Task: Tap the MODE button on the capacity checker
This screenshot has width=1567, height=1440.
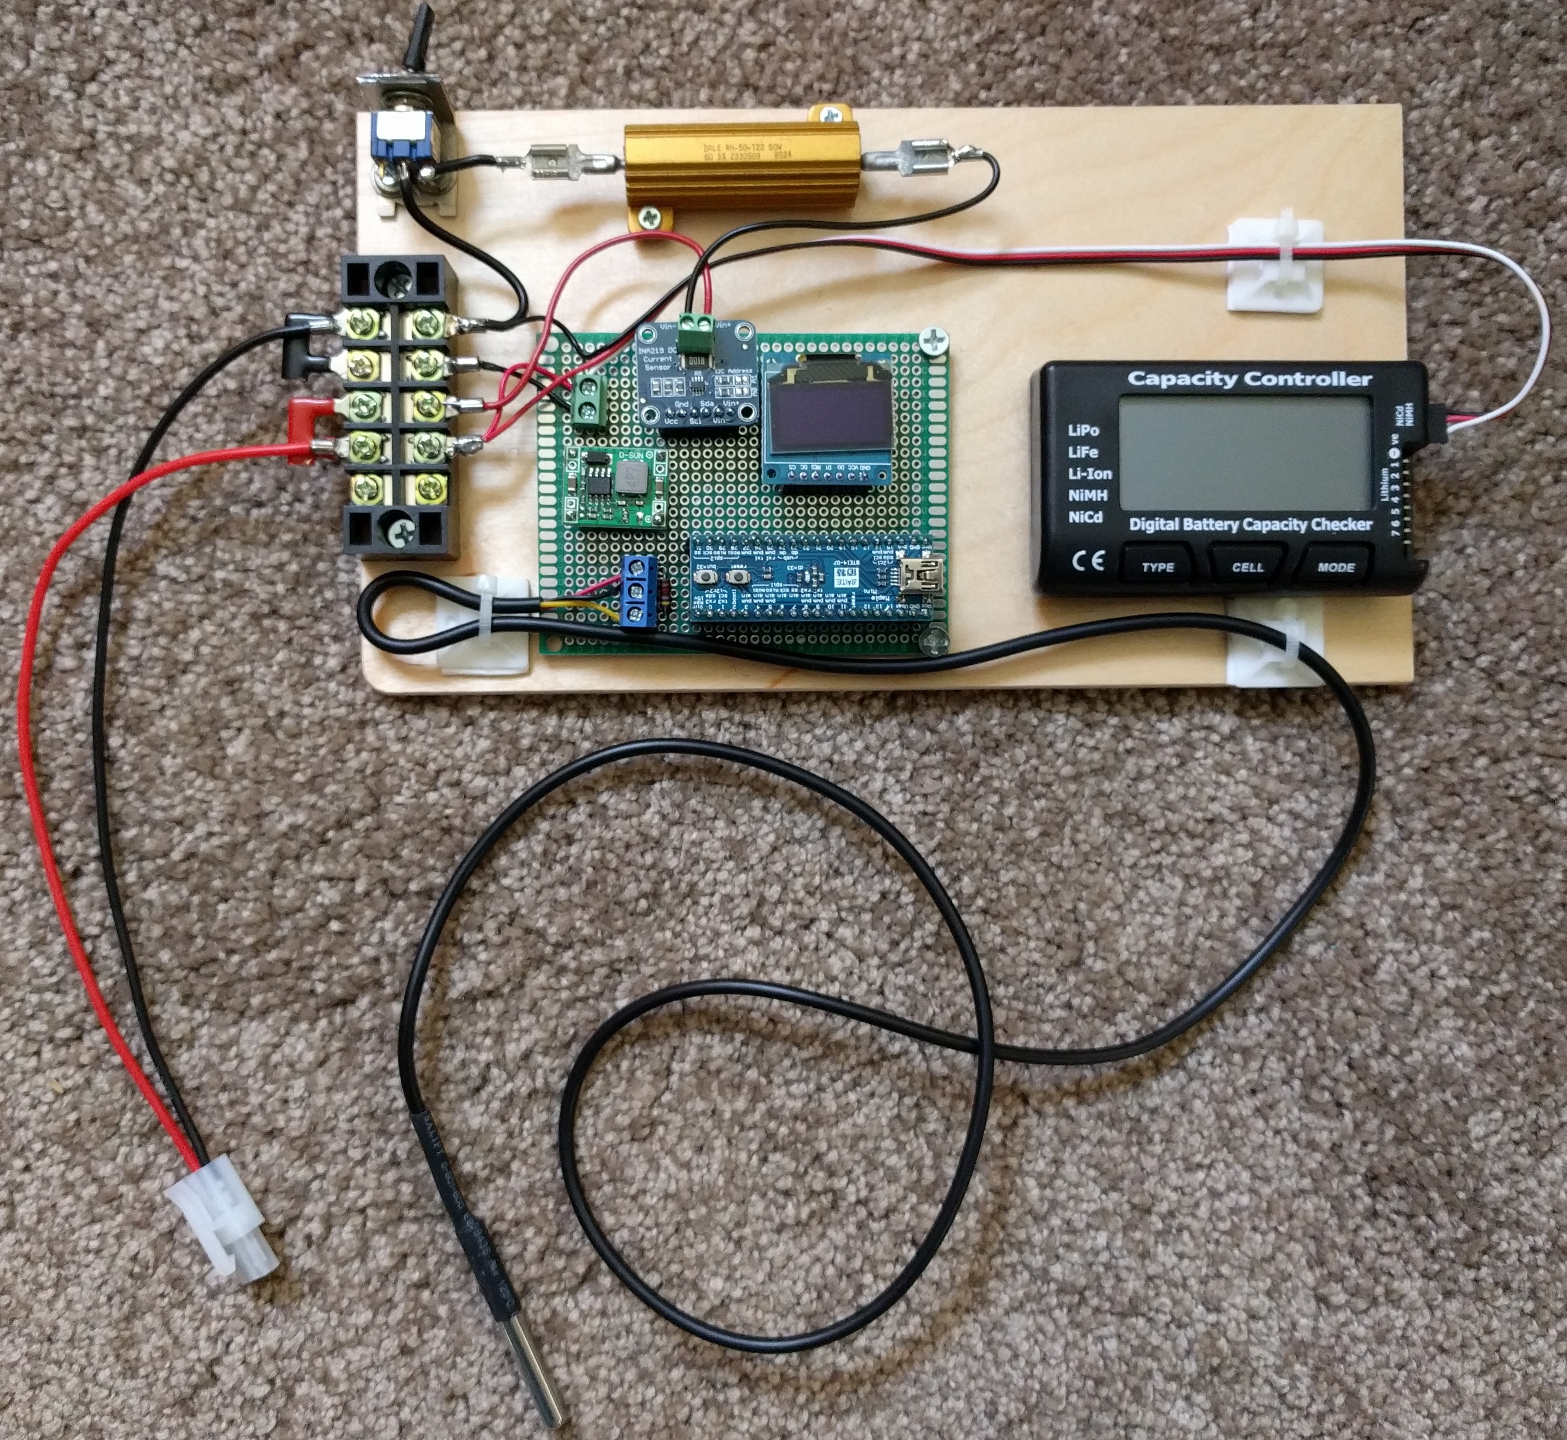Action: click(x=1336, y=567)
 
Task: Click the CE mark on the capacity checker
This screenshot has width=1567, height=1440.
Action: click(x=1088, y=561)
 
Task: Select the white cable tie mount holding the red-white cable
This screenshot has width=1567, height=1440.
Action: click(x=1275, y=267)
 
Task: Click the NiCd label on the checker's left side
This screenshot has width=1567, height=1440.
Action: click(x=1085, y=517)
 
